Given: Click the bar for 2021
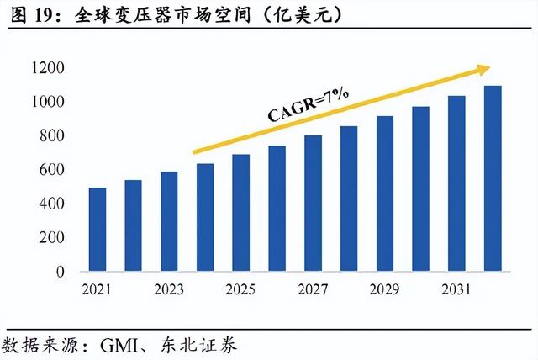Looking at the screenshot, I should (98, 230).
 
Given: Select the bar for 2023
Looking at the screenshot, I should (169, 222).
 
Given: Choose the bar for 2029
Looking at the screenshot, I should (384, 193).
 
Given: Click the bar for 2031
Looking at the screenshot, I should (456, 183).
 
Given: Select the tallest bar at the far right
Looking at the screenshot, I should (493, 178).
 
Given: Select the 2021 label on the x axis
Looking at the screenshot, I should (98, 289).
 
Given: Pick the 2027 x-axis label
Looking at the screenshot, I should (313, 289).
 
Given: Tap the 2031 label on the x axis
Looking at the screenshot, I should (456, 289).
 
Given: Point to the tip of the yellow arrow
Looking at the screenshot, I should (490, 67).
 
